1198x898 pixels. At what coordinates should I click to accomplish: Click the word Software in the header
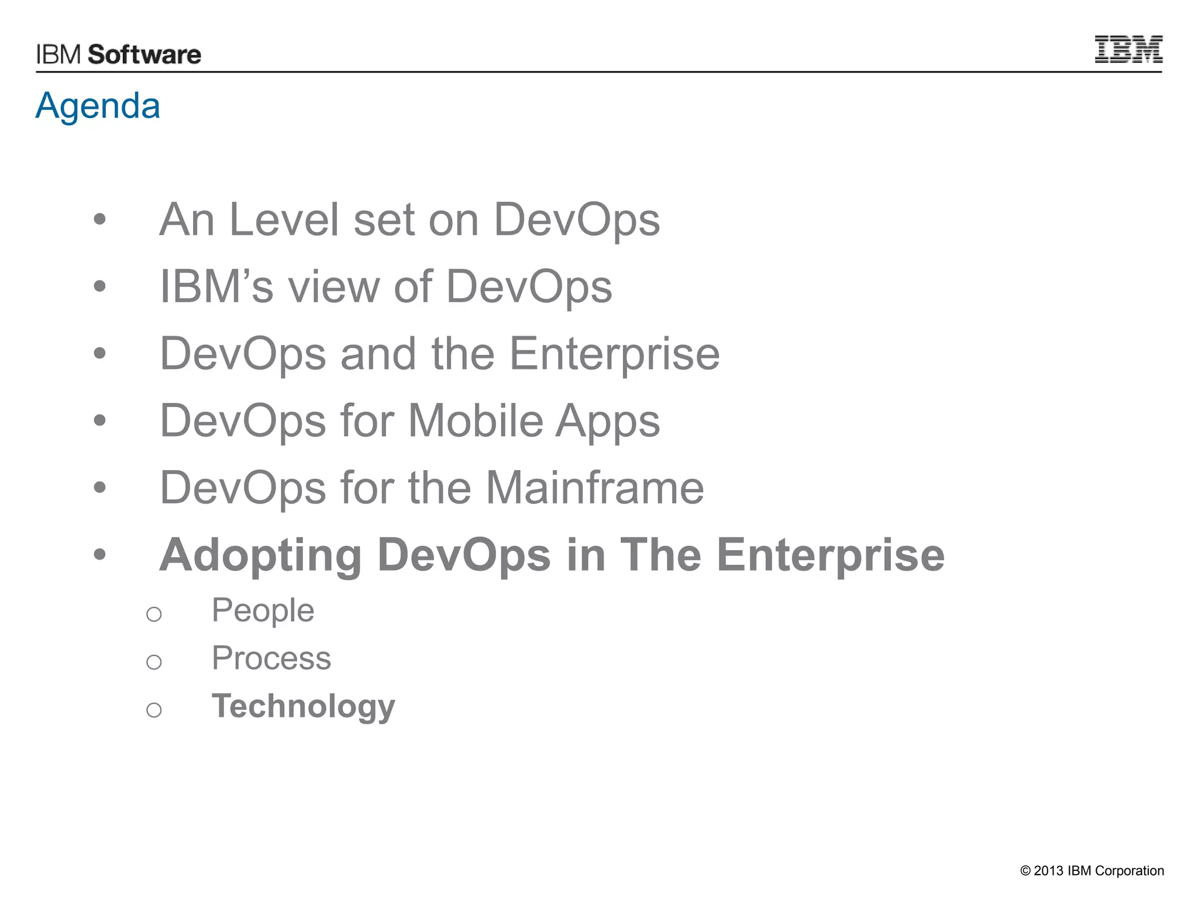[144, 55]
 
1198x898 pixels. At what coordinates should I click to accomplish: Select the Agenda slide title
[98, 106]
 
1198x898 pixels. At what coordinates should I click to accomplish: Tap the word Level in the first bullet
[284, 220]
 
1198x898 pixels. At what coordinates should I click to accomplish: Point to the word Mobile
[476, 421]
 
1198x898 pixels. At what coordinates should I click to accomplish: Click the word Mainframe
[594, 488]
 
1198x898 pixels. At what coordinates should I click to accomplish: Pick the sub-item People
[263, 610]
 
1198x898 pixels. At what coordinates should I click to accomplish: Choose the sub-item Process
[271, 658]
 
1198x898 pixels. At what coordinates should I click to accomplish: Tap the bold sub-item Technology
[303, 706]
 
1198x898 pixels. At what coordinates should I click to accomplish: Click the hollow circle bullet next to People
[154, 614]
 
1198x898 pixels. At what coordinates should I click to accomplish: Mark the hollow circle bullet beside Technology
[154, 710]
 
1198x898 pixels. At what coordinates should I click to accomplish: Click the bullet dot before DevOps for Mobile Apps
[100, 420]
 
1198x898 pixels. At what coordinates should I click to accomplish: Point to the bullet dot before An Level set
[100, 219]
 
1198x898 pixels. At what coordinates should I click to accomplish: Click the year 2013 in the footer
[1048, 871]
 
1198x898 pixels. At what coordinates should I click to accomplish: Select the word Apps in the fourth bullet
[607, 421]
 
